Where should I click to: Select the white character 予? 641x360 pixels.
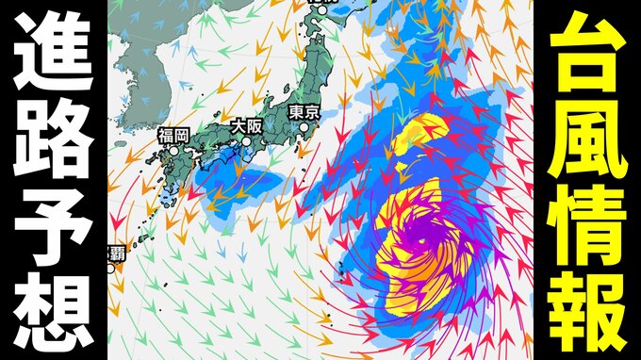tap(52, 222)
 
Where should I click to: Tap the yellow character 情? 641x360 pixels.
tap(588, 222)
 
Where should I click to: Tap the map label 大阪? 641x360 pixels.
tap(248, 124)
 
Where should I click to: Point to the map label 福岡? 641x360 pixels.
tap(174, 135)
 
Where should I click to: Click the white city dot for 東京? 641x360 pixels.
tap(304, 140)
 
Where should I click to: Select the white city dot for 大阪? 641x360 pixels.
tap(246, 142)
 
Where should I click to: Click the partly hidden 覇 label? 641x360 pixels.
tap(114, 253)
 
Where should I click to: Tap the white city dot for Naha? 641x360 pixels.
tap(111, 268)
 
